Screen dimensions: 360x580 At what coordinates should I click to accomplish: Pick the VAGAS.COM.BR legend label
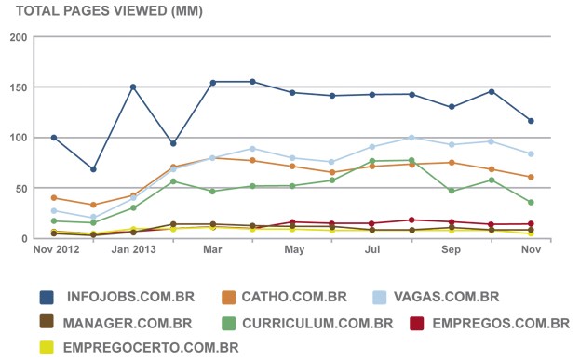click(446, 298)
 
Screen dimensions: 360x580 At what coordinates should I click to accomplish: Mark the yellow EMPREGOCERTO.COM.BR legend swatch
click(47, 347)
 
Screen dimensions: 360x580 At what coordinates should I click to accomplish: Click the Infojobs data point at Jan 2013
click(133, 87)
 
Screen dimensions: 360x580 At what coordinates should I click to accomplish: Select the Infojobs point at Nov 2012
click(54, 138)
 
